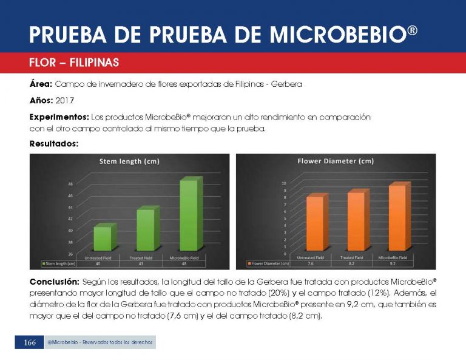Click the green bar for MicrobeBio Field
pyautogui.click(x=189, y=216)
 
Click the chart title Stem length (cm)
pyautogui.click(x=129, y=161)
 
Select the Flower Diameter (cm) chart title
pyautogui.click(x=335, y=161)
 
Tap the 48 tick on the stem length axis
pyautogui.click(x=70, y=185)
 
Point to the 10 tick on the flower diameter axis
pyautogui.click(x=283, y=183)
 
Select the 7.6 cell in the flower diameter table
pyautogui.click(x=310, y=263)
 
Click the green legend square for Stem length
pyautogui.click(x=42, y=263)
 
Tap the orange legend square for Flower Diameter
pyautogui.click(x=249, y=263)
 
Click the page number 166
pyautogui.click(x=30, y=343)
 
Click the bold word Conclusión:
pyautogui.click(x=54, y=282)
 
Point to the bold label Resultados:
pyautogui.click(x=53, y=144)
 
